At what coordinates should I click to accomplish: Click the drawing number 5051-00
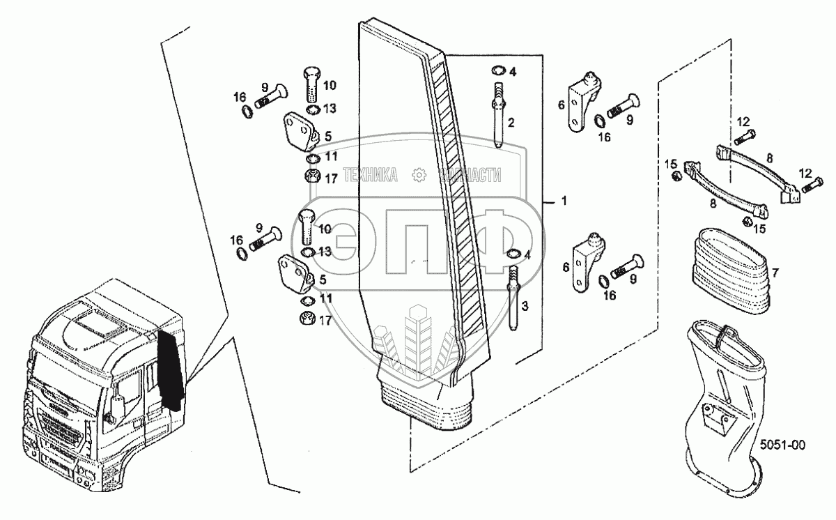(x=782, y=443)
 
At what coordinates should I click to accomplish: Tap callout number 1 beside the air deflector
(x=564, y=201)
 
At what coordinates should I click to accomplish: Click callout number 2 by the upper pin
(x=511, y=123)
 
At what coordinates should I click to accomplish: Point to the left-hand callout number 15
(x=670, y=164)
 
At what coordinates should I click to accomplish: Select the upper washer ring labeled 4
(x=499, y=71)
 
